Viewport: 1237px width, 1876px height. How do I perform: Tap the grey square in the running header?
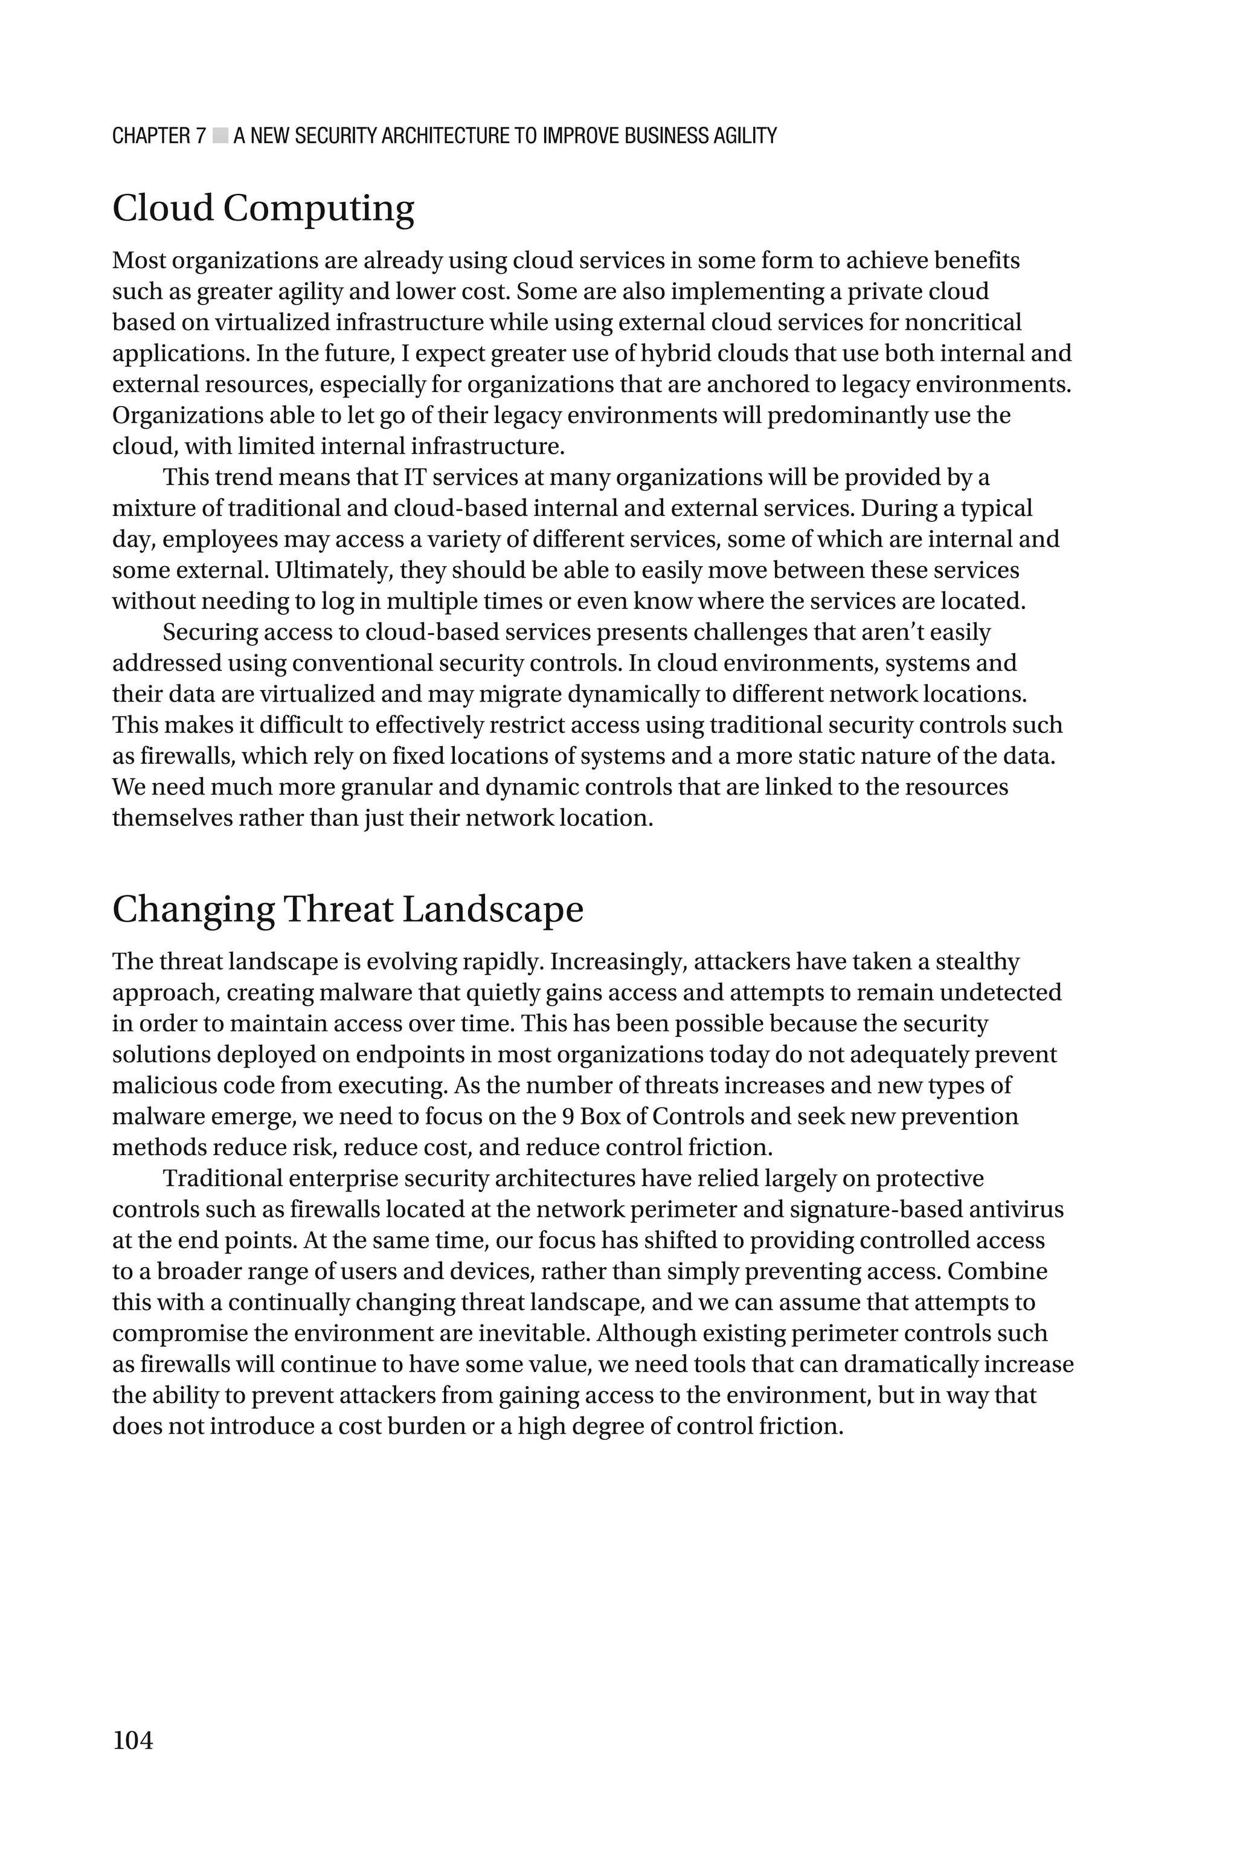click(220, 136)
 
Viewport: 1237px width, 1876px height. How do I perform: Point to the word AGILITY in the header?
click(745, 136)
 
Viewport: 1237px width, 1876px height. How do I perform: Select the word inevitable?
click(533, 1334)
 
